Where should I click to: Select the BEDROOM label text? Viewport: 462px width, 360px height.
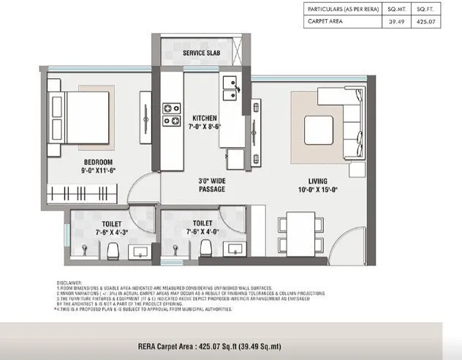tap(97, 162)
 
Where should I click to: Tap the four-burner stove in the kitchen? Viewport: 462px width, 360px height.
tap(172, 114)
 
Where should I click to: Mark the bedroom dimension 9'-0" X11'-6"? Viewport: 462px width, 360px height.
tap(98, 170)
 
